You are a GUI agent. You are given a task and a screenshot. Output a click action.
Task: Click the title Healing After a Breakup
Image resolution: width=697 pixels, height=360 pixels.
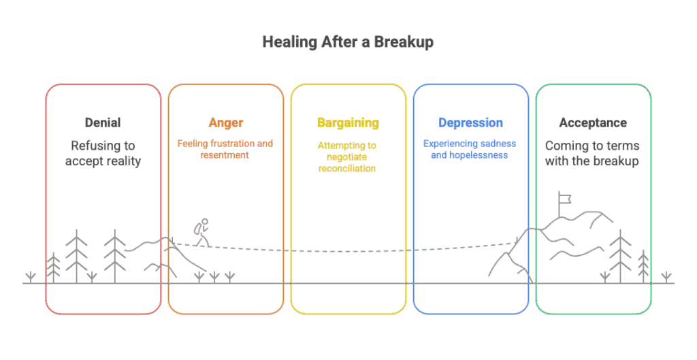(348, 42)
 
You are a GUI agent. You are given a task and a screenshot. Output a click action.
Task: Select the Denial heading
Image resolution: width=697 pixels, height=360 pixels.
(103, 123)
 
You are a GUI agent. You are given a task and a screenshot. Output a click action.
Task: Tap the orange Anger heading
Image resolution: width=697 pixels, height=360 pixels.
(225, 123)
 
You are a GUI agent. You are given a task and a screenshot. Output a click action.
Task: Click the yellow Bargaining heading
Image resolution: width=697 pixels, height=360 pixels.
(348, 123)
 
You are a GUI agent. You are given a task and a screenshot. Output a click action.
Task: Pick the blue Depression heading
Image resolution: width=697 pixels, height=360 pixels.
(470, 123)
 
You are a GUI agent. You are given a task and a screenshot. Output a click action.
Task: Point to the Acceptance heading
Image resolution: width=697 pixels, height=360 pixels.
(593, 123)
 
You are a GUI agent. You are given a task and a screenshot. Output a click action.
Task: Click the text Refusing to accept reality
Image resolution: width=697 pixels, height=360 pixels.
(103, 153)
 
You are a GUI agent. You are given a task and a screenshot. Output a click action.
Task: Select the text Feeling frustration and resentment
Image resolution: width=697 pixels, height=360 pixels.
(225, 149)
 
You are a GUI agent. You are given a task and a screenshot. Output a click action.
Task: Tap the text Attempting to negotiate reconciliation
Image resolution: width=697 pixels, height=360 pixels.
(348, 157)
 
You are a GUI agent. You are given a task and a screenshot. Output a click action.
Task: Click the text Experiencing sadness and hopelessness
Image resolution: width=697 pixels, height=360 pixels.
(470, 149)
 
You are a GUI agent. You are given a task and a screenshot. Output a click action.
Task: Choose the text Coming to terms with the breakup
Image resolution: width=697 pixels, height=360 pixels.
(593, 153)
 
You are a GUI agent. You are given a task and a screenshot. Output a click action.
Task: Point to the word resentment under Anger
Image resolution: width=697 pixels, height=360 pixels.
(225, 155)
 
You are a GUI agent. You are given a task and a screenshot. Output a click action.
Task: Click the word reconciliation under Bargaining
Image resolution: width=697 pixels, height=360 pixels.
(348, 168)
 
